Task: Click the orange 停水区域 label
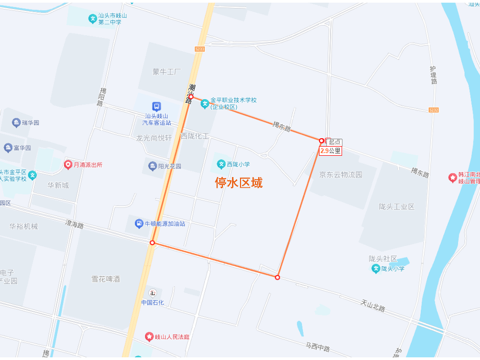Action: pos(238,183)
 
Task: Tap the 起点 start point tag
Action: pos(334,142)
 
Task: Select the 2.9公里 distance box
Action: pos(330,151)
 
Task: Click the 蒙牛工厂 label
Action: pos(166,71)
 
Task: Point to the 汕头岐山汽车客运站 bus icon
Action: pos(156,106)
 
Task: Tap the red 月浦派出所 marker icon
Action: pos(68,164)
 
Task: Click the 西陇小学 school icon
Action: pos(221,164)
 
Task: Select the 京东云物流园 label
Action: pos(340,174)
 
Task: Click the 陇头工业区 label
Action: pos(396,206)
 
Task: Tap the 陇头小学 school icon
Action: pos(375,268)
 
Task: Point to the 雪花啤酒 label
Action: pos(106,278)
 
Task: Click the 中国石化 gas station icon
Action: pos(153,292)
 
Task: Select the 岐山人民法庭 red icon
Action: pos(149,337)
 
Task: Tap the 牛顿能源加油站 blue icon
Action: pos(139,223)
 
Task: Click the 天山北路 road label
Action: pos(372,306)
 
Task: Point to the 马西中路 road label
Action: pos(317,348)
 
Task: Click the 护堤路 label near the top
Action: pos(434,75)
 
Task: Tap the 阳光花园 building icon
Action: pos(153,166)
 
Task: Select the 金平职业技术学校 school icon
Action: pos(205,103)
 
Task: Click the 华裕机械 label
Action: pos(24,226)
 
